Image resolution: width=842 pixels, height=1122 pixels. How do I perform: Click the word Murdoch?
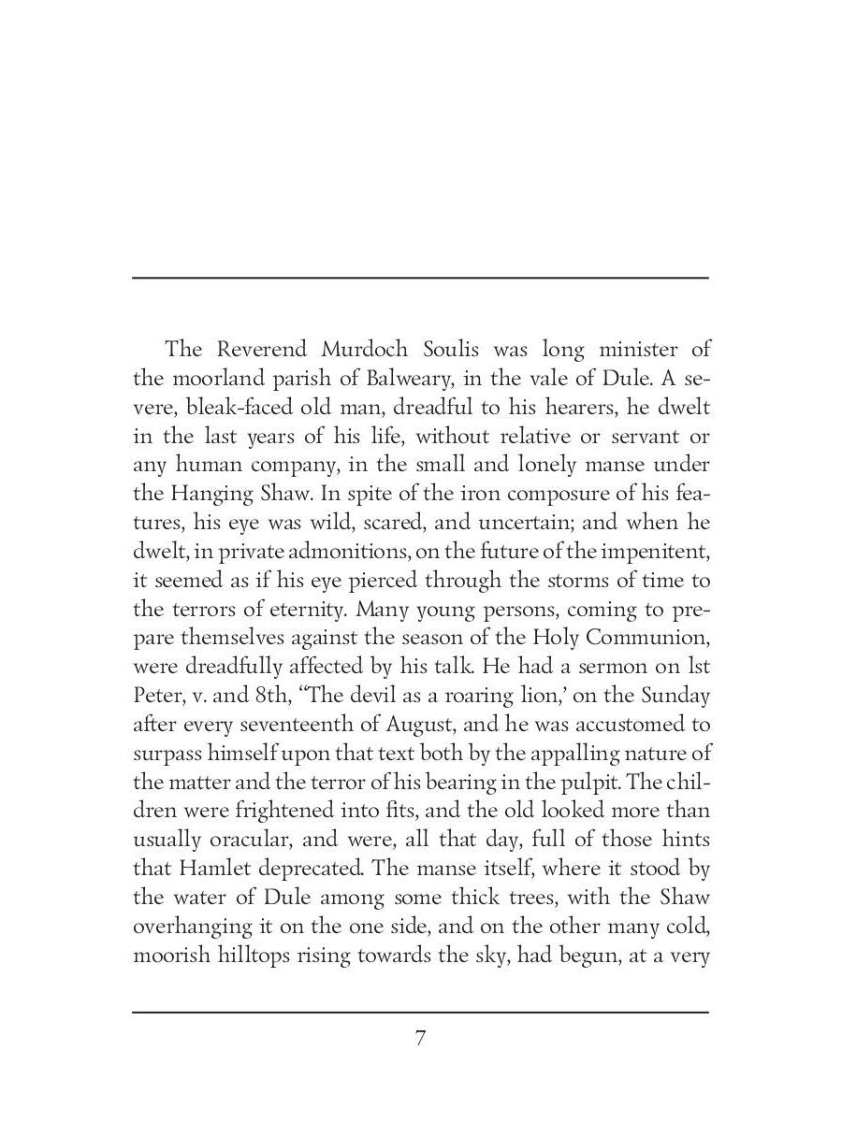[364, 350]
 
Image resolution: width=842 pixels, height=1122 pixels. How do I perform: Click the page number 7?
[421, 1038]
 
